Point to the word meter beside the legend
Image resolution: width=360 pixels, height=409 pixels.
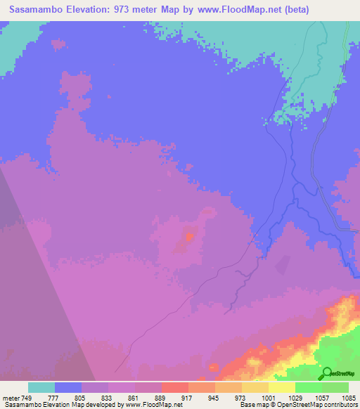click(11, 397)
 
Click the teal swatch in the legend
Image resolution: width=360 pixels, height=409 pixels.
click(41, 387)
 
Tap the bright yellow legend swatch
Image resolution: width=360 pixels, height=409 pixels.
click(282, 387)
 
